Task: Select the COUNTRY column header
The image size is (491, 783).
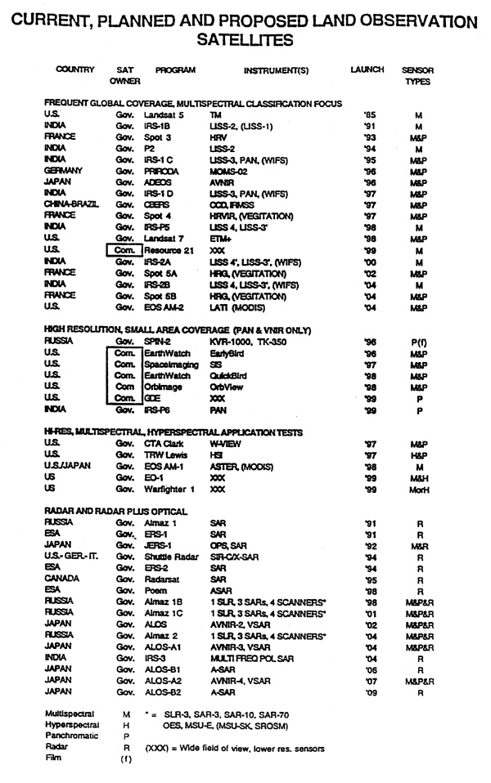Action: (75, 70)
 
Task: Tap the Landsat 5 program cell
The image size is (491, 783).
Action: (166, 116)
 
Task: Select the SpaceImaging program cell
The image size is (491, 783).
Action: (170, 363)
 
